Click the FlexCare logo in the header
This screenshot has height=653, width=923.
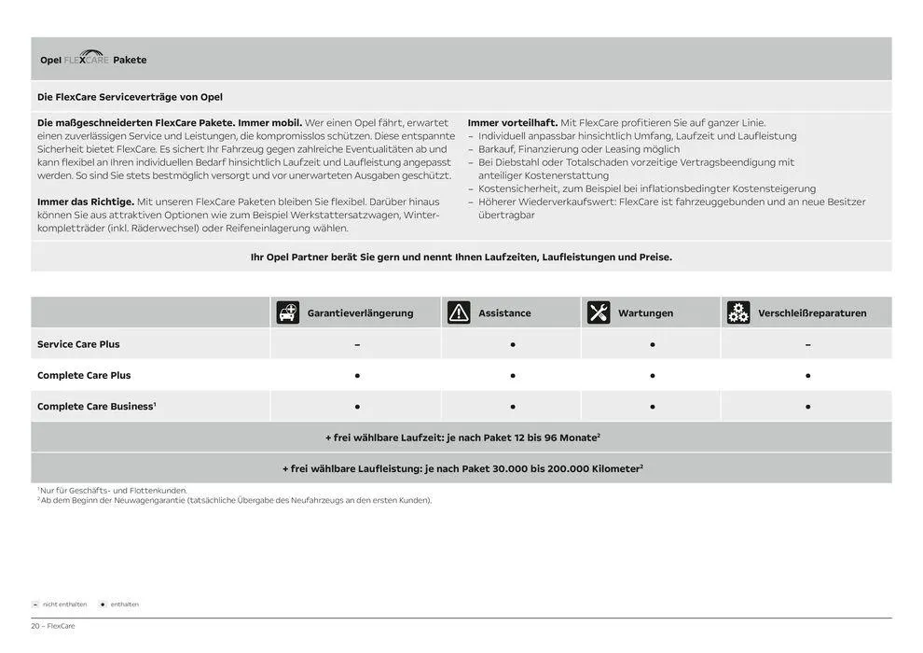[86, 59]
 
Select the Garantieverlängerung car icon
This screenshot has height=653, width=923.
[288, 313]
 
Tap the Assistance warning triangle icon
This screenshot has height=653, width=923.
[459, 313]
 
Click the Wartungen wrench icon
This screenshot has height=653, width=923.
[599, 313]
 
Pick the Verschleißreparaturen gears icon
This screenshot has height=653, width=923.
[738, 313]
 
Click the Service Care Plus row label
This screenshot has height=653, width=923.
[78, 344]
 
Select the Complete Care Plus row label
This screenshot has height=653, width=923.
[84, 375]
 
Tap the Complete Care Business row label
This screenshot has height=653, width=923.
[96, 407]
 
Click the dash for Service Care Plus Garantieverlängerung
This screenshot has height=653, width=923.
[357, 344]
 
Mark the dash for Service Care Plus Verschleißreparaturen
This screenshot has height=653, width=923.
[807, 344]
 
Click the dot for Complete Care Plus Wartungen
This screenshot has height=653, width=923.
[652, 376]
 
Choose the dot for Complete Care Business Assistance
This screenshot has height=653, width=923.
[512, 407]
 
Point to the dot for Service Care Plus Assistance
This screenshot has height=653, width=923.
[512, 344]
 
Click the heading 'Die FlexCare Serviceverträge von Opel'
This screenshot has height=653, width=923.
[130, 97]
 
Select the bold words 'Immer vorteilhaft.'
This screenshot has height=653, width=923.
[513, 123]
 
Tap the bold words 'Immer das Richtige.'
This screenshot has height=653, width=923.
[86, 201]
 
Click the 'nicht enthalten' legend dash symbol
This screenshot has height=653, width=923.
[35, 604]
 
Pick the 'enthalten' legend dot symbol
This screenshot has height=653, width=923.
[103, 604]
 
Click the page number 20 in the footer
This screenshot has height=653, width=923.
[35, 626]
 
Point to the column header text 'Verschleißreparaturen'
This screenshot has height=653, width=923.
[812, 313]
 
